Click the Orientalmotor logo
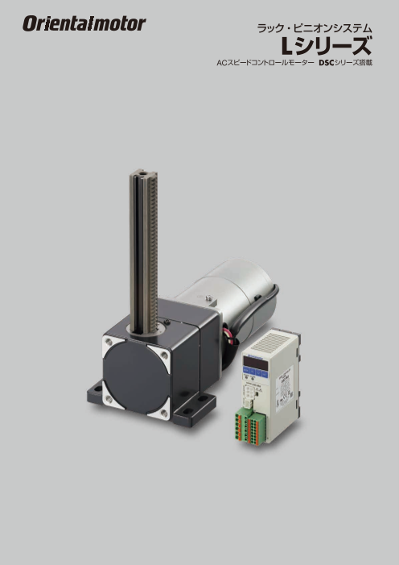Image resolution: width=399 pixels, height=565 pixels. pyautogui.click(x=84, y=23)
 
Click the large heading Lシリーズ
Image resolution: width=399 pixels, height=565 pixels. pyautogui.click(x=326, y=46)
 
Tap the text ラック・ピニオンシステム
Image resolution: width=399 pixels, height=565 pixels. pyautogui.click(x=315, y=28)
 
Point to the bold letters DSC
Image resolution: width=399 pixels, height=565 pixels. pyautogui.click(x=326, y=63)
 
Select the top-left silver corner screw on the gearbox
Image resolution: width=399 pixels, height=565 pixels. pyautogui.click(x=109, y=341)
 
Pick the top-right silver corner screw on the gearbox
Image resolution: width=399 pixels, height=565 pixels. pyautogui.click(x=164, y=355)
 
